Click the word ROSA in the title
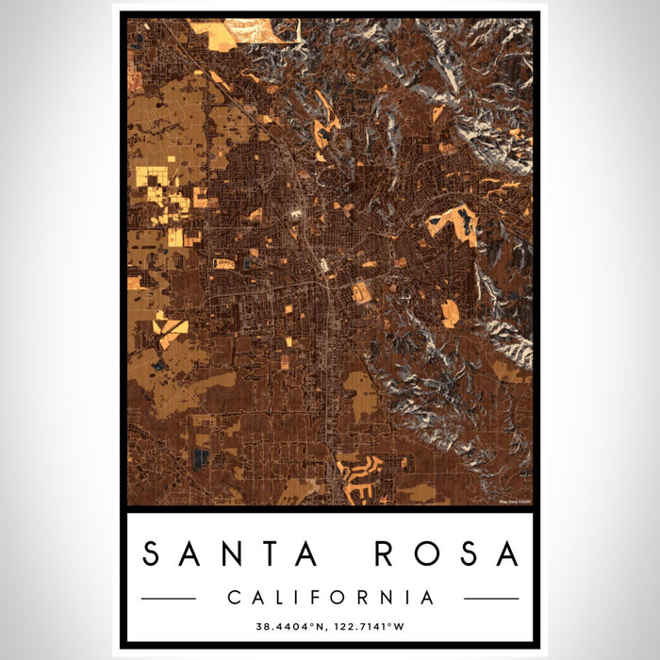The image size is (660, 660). [446, 554]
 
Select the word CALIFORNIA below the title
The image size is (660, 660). [329, 598]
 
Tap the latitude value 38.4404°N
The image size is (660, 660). [288, 624]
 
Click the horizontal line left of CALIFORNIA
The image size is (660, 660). [168, 598]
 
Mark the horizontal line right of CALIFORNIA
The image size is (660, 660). [491, 598]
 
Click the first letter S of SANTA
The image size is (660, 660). [152, 554]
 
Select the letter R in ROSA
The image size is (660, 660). [385, 554]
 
